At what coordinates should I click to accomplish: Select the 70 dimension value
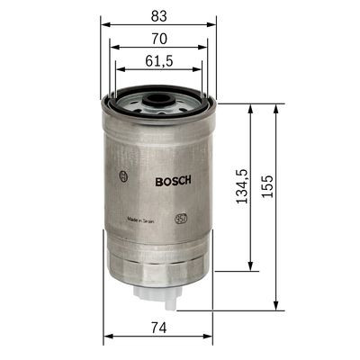tap(157, 39)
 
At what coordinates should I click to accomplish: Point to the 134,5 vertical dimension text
tap(240, 185)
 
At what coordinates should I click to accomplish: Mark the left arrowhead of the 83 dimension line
tap(103, 24)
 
